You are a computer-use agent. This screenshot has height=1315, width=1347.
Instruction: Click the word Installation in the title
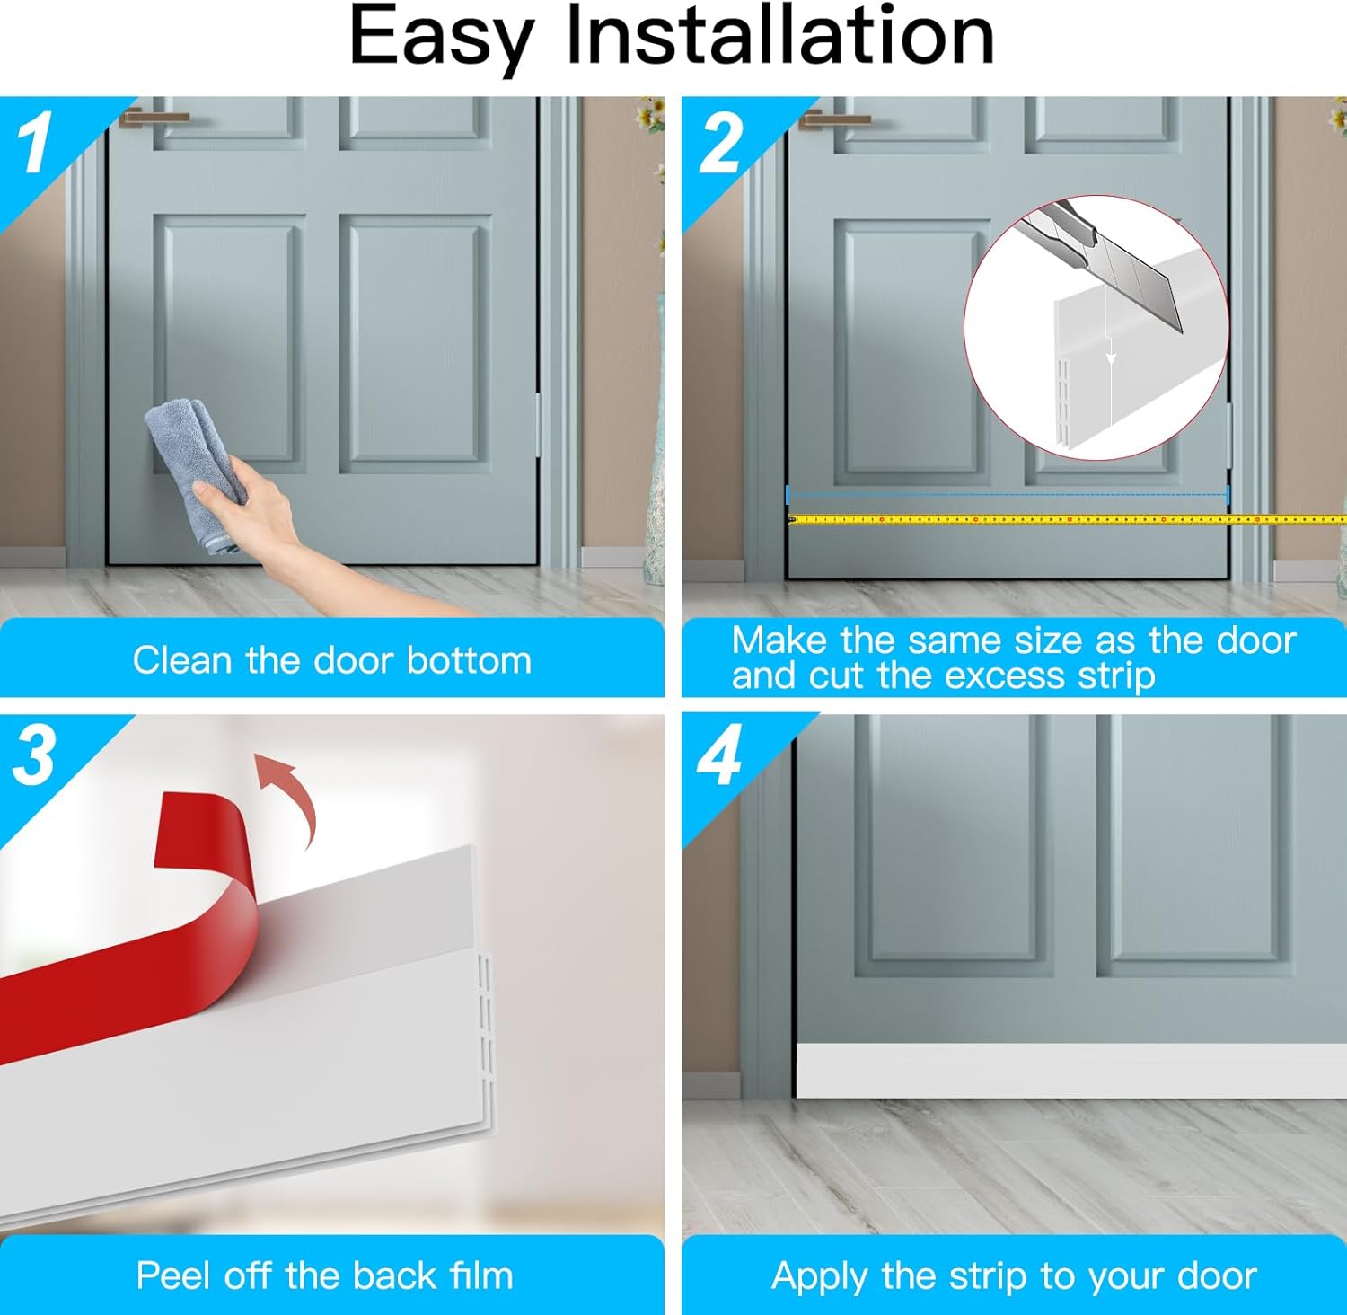pyautogui.click(x=779, y=36)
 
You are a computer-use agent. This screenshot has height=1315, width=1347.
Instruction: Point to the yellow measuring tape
pyautogui.click(x=1067, y=519)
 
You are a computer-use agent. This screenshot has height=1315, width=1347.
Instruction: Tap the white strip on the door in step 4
pyautogui.click(x=1071, y=1071)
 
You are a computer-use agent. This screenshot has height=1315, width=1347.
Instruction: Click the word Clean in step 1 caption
pyautogui.click(x=183, y=660)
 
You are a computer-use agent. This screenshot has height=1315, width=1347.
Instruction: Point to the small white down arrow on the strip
pyautogui.click(x=1111, y=350)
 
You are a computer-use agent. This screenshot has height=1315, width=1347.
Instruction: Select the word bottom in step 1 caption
pyautogui.click(x=469, y=660)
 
